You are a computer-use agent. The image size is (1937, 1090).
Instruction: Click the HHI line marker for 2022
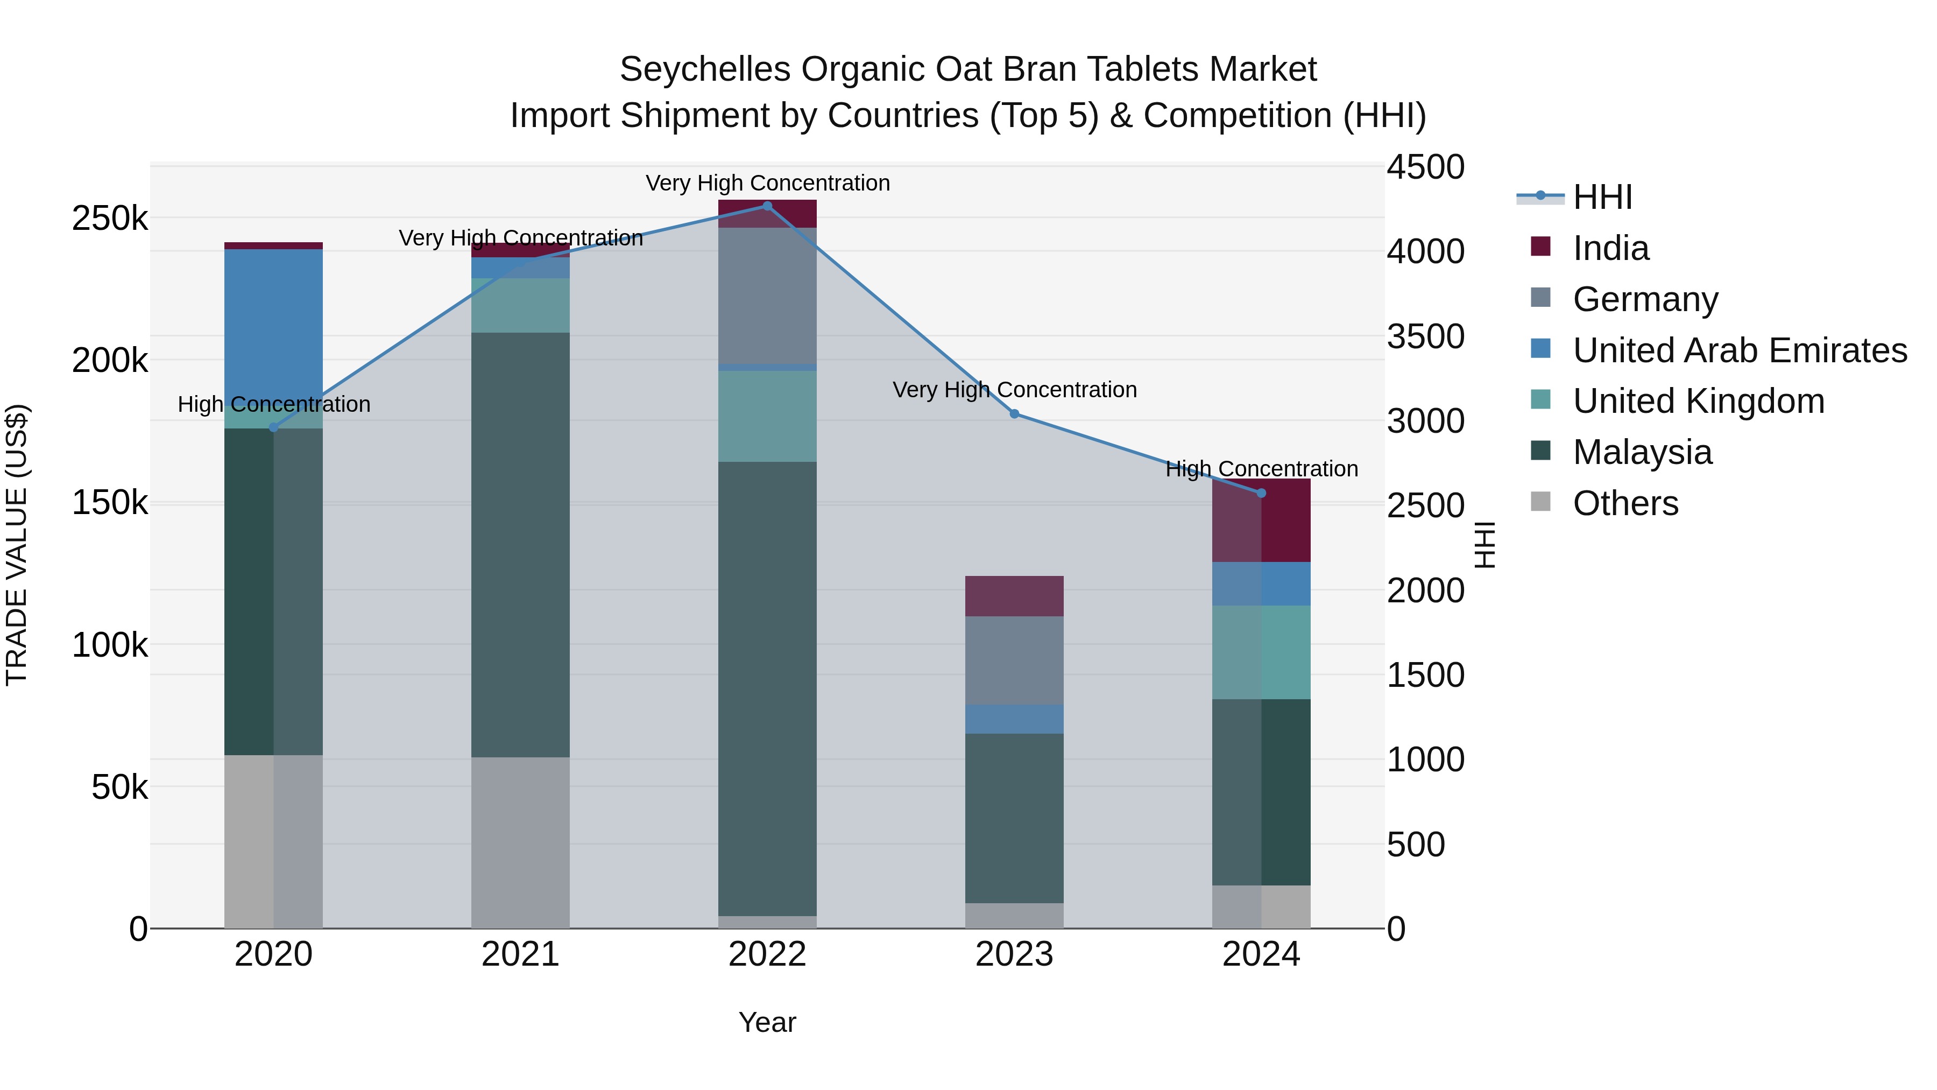click(767, 206)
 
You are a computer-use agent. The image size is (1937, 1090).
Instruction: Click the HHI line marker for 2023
click(1014, 414)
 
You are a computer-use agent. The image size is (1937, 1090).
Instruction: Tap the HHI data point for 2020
click(273, 428)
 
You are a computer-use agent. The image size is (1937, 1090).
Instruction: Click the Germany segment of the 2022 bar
click(767, 296)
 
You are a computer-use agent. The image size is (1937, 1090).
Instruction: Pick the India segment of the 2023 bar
click(1014, 596)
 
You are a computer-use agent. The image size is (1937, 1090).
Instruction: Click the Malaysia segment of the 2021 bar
click(520, 545)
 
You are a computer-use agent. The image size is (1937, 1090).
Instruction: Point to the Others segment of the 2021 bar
click(520, 842)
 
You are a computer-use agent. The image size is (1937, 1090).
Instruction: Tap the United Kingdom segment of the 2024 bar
click(1261, 652)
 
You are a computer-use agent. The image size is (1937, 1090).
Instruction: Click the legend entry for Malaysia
click(1642, 452)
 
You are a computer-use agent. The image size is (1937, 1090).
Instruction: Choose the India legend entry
click(1610, 248)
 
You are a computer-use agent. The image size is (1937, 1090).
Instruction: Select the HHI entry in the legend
click(1602, 197)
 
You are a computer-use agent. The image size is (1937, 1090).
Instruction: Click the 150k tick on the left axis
click(110, 503)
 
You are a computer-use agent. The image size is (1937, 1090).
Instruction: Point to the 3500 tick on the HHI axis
click(1425, 336)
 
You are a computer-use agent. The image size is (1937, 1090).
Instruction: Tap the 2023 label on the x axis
click(1014, 954)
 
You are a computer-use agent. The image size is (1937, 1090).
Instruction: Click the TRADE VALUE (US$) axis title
click(17, 545)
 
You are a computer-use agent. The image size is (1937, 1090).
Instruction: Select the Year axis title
click(767, 1022)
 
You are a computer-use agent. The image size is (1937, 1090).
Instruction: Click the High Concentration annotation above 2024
click(1261, 469)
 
